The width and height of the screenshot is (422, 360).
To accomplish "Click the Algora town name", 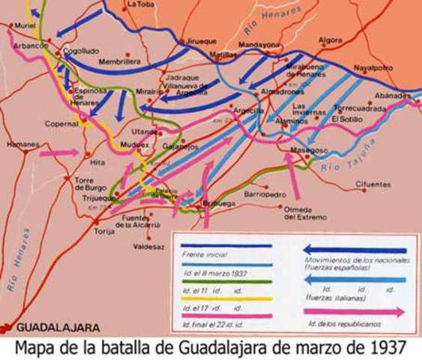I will tap(331, 40).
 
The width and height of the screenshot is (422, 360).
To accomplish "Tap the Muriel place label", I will tap(25, 25).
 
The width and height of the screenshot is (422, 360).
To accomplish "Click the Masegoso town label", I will tap(307, 150).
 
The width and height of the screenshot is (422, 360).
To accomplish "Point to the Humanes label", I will tap(22, 143).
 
